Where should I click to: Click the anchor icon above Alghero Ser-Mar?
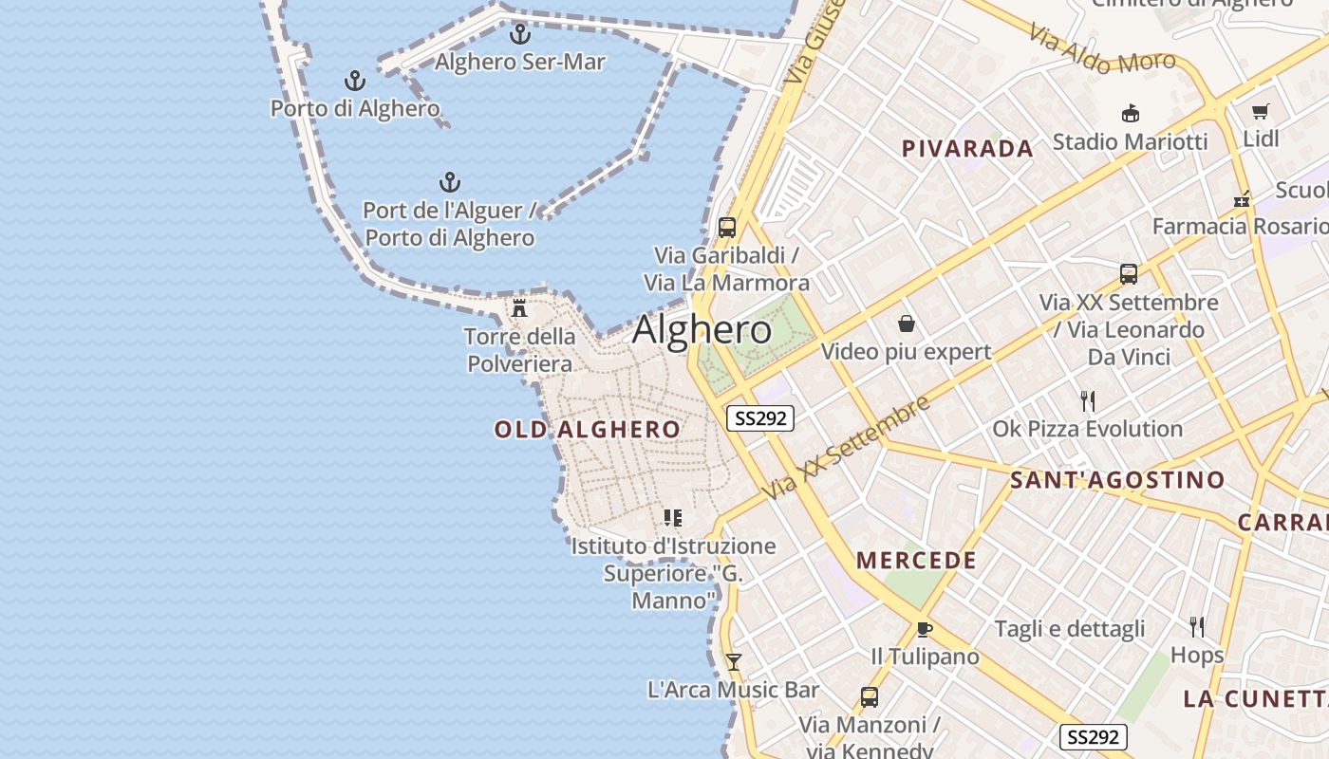pyautogui.click(x=519, y=34)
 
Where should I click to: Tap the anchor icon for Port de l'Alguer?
pyautogui.click(x=449, y=182)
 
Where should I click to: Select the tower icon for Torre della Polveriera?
pyautogui.click(x=519, y=307)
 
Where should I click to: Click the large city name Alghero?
pyautogui.click(x=702, y=329)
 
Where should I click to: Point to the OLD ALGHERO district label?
pyautogui.click(x=588, y=430)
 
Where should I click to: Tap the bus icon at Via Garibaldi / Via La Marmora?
pyautogui.click(x=727, y=228)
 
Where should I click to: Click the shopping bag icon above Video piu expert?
pyautogui.click(x=907, y=324)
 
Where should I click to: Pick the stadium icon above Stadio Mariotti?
pyautogui.click(x=1130, y=114)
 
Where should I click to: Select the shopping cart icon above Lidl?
pyautogui.click(x=1261, y=111)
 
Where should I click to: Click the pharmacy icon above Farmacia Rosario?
pyautogui.click(x=1241, y=199)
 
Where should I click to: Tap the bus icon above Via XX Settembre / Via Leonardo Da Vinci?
pyautogui.click(x=1129, y=274)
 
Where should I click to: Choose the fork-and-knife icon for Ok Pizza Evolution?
pyautogui.click(x=1088, y=400)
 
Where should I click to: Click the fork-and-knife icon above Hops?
pyautogui.click(x=1197, y=626)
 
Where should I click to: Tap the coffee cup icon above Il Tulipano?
pyautogui.click(x=925, y=628)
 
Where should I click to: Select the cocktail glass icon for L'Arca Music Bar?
pyautogui.click(x=733, y=661)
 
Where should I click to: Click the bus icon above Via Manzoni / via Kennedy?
pyautogui.click(x=869, y=697)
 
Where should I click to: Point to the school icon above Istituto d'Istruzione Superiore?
pyautogui.click(x=673, y=518)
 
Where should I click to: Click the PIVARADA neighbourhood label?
pyautogui.click(x=967, y=149)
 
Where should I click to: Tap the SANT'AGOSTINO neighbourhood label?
pyautogui.click(x=1117, y=480)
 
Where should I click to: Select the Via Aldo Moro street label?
pyautogui.click(x=1102, y=48)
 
